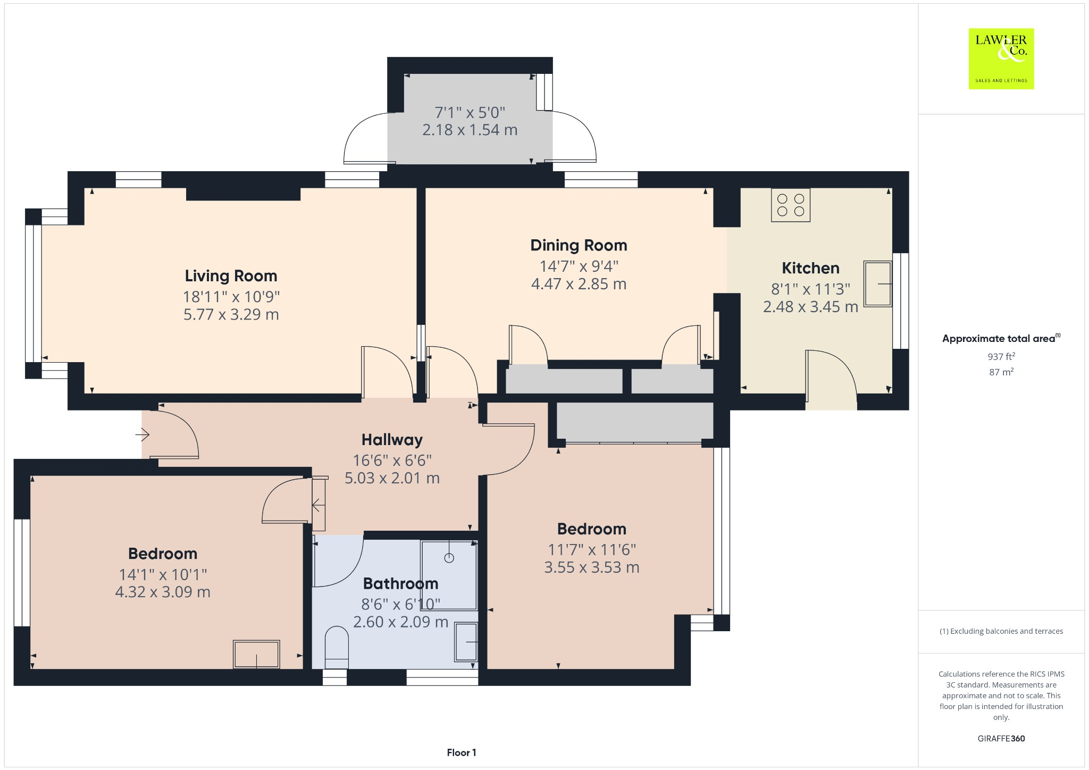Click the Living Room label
(x=231, y=276)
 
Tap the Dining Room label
(x=579, y=245)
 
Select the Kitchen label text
(x=810, y=268)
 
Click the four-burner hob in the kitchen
(x=791, y=205)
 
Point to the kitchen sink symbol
(x=877, y=284)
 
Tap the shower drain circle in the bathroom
(x=449, y=558)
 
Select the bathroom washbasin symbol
(x=466, y=642)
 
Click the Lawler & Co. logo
(x=1001, y=58)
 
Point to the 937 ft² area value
(x=1001, y=356)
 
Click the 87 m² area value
(x=1001, y=372)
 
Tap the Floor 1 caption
(x=461, y=752)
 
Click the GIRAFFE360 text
(x=1001, y=738)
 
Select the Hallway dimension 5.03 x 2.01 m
(x=392, y=478)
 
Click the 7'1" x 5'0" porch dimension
(x=470, y=113)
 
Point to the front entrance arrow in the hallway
(x=143, y=436)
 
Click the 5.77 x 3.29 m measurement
(x=231, y=314)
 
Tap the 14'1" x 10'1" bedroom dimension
(x=163, y=574)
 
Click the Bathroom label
(x=400, y=583)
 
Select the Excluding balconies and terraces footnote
(x=1001, y=631)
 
